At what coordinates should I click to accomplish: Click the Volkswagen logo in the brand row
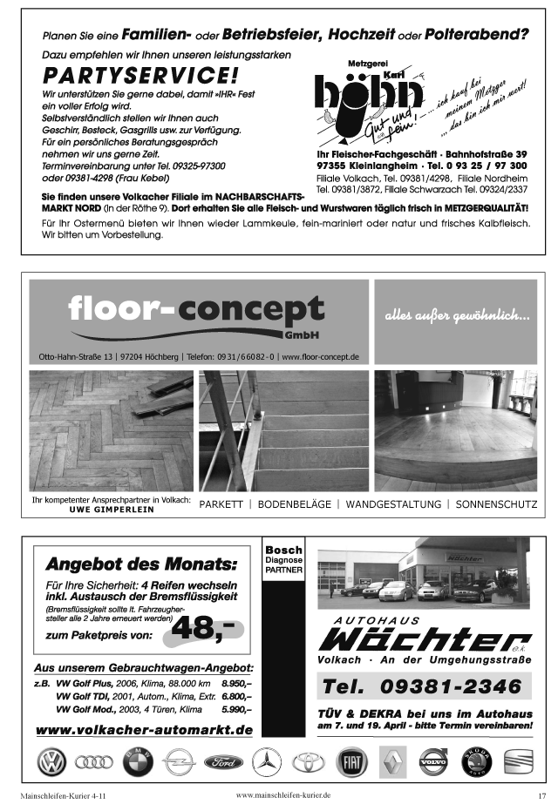click(x=51, y=763)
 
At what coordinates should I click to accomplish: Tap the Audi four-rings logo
click(x=94, y=763)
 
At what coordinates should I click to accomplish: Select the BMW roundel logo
click(x=136, y=764)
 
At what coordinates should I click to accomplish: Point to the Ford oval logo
click(x=223, y=763)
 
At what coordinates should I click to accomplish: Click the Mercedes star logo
click(x=266, y=764)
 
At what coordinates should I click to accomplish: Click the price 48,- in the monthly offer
click(x=207, y=629)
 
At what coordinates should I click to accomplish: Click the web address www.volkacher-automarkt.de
click(x=144, y=729)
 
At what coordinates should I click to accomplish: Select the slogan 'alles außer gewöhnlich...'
click(x=458, y=315)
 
